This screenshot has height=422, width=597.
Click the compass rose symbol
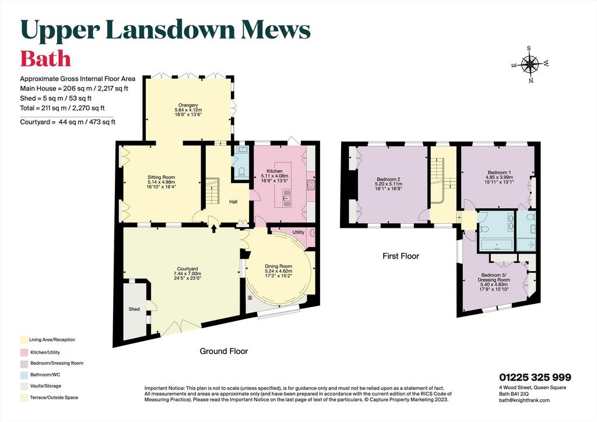529,64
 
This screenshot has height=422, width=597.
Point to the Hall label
233,202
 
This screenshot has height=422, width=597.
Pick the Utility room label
298,232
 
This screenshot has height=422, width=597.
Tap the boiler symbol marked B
250,298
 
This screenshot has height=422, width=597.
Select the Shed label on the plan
134,309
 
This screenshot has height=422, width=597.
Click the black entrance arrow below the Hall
213,228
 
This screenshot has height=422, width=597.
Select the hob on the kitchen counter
310,184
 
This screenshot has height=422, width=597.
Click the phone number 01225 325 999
535,377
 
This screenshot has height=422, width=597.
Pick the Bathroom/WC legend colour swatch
24,375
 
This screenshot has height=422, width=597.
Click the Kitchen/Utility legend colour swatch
24,353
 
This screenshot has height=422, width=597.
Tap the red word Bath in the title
45,59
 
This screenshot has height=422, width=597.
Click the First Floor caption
401,256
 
